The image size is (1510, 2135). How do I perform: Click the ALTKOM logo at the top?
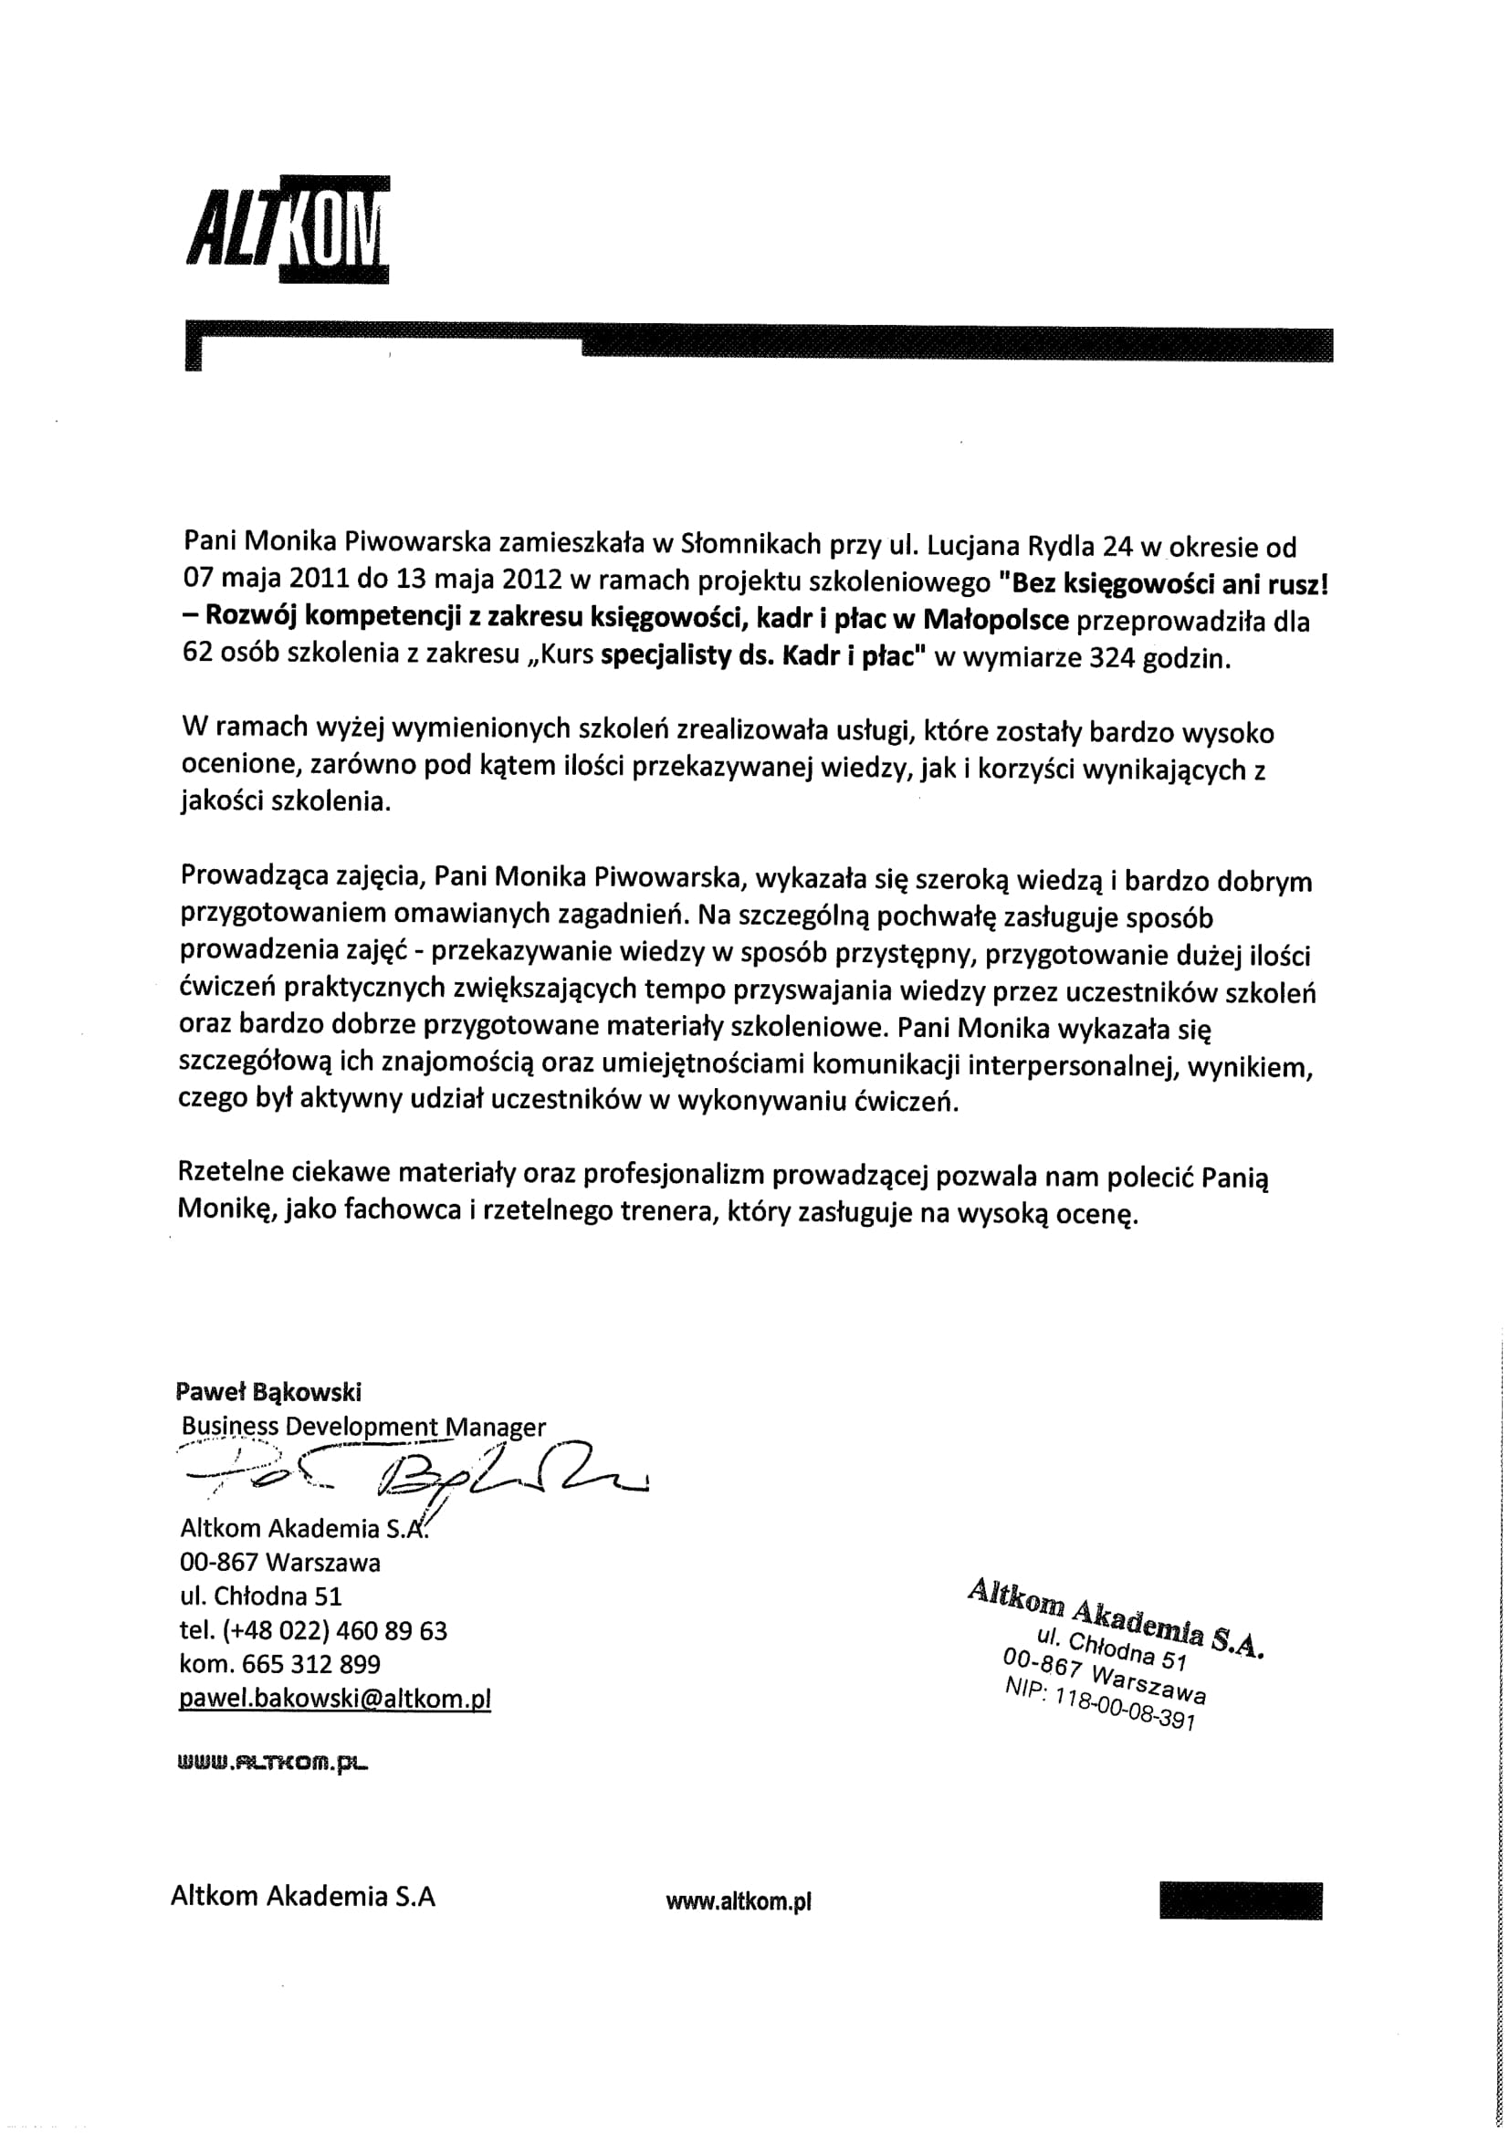pyautogui.click(x=287, y=227)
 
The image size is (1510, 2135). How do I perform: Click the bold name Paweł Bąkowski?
pyautogui.click(x=267, y=1391)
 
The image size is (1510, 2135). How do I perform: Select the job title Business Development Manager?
pyautogui.click(x=363, y=1427)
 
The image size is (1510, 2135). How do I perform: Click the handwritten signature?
pyautogui.click(x=418, y=1474)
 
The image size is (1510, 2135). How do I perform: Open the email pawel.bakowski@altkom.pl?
pyautogui.click(x=335, y=1700)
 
